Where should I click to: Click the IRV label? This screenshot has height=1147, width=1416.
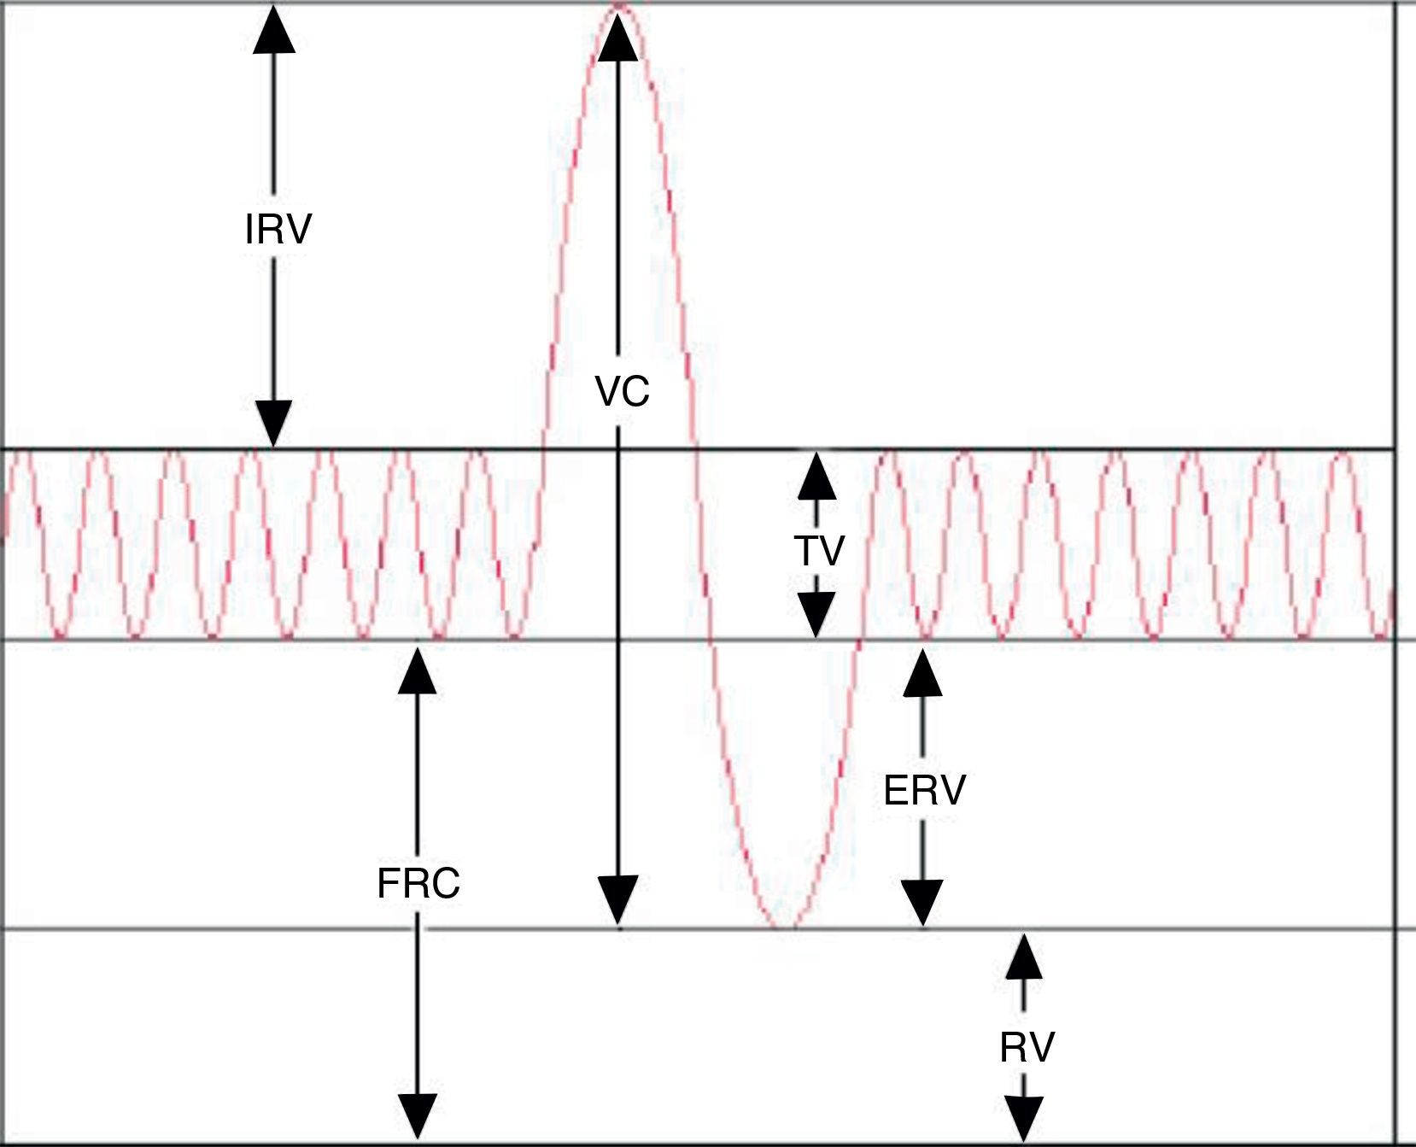click(x=278, y=229)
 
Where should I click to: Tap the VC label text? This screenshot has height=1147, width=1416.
click(x=622, y=392)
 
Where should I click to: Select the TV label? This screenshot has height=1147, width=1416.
click(x=818, y=551)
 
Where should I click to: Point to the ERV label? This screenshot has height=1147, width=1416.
click(x=924, y=791)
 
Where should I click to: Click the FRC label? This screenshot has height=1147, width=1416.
click(x=418, y=883)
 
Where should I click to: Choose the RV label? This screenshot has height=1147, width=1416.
click(x=1027, y=1047)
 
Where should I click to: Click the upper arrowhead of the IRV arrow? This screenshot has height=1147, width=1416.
click(x=274, y=30)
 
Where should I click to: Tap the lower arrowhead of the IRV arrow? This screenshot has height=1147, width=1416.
click(x=274, y=423)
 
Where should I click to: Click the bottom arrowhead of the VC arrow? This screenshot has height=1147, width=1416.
click(x=617, y=901)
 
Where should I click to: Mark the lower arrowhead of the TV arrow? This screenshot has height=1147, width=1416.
click(x=816, y=615)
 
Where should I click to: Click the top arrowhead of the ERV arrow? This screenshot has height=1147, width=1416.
click(x=922, y=673)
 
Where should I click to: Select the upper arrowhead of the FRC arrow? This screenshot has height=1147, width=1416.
click(x=418, y=671)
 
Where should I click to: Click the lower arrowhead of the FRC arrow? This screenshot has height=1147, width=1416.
click(x=418, y=1117)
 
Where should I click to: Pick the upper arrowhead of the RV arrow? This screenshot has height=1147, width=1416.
click(x=1024, y=957)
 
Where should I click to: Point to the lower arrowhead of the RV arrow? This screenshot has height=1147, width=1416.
click(x=1024, y=1119)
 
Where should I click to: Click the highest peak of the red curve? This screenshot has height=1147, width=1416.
click(x=621, y=7)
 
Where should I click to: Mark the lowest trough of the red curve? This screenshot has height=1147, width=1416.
click(x=784, y=927)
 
